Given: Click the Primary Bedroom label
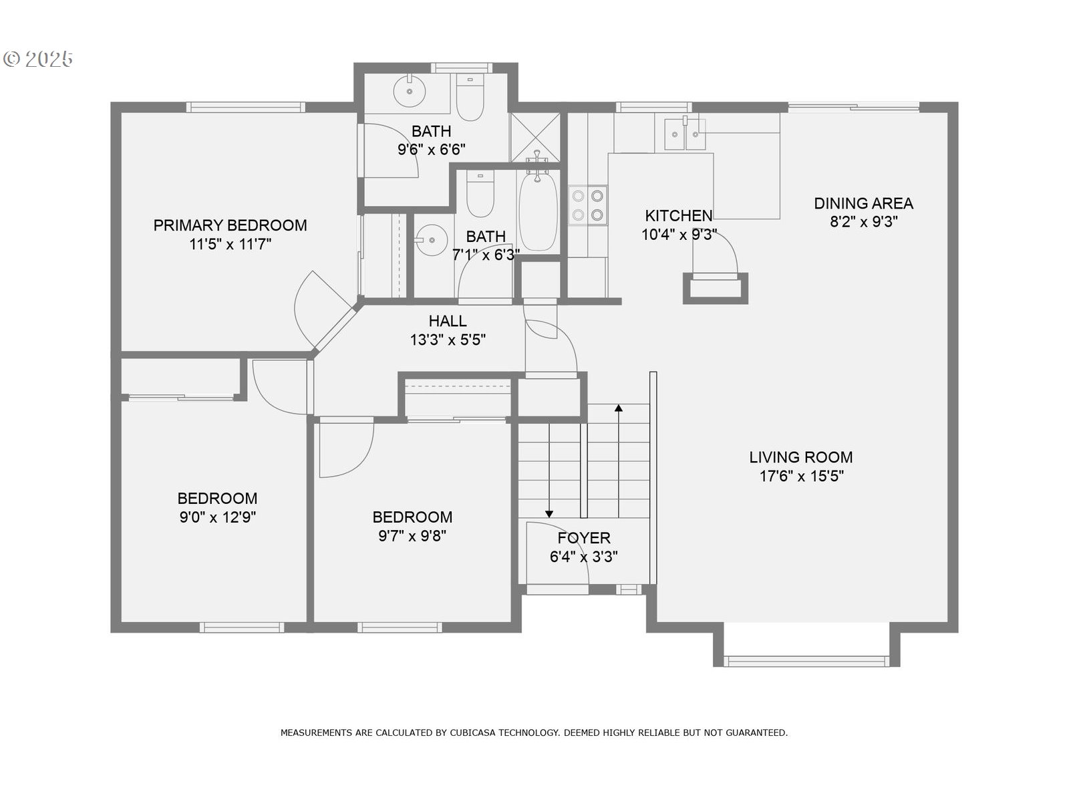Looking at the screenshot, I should click(230, 225).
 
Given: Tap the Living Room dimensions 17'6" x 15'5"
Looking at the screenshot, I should click(801, 477).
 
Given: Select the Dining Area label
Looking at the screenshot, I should click(863, 203).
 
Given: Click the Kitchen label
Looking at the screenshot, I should click(678, 215).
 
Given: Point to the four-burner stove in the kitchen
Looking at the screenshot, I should click(588, 205).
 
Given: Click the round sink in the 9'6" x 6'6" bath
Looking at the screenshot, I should click(408, 90).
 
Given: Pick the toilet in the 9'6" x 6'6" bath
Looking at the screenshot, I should click(470, 99).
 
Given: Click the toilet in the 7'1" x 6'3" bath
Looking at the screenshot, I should click(480, 194).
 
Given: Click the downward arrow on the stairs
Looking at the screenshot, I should click(549, 513).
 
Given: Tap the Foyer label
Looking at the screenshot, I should click(584, 538).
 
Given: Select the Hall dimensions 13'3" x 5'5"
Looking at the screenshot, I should click(448, 340).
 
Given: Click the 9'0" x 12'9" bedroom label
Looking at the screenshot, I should click(217, 499).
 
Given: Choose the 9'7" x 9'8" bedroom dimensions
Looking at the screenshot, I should click(412, 536).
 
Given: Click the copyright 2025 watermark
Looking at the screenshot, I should click(38, 59).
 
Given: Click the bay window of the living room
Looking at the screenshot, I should click(806, 661).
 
